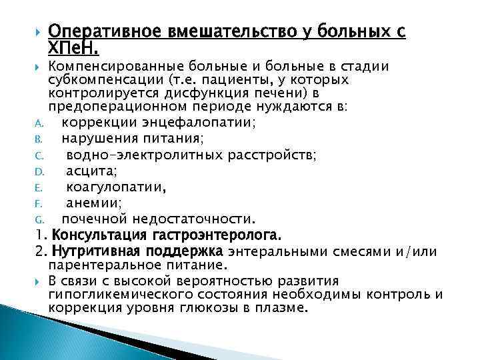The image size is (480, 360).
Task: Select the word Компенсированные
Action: [x=111, y=67]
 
